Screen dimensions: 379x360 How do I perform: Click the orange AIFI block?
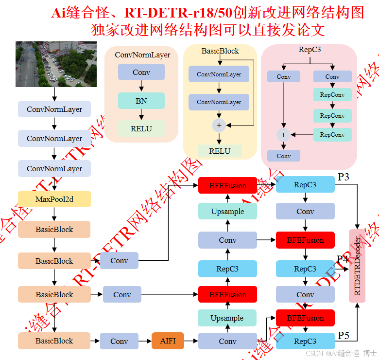168,341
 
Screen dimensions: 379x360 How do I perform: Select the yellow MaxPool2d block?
54,199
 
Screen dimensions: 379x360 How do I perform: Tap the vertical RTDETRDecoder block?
357,266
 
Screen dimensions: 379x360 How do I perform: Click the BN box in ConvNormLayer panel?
141,101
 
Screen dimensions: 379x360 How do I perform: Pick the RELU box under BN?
141,129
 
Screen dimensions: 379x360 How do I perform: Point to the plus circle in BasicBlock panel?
219,126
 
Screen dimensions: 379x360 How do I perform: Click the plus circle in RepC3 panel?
283,135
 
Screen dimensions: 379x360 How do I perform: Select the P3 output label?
344,177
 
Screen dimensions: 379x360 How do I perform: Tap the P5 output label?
344,336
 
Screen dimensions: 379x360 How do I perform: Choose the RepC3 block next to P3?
305,185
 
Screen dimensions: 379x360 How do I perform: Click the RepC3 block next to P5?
305,341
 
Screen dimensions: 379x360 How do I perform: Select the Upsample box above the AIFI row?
227,318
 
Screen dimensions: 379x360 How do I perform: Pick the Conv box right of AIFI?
227,341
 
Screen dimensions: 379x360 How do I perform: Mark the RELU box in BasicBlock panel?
220,151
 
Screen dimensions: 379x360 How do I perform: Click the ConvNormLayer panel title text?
142,55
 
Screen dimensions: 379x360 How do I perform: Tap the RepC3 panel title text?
310,50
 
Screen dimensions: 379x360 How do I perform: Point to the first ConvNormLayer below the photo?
54,109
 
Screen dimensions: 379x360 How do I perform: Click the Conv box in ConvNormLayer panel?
141,72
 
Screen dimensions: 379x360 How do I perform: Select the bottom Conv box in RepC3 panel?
283,156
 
